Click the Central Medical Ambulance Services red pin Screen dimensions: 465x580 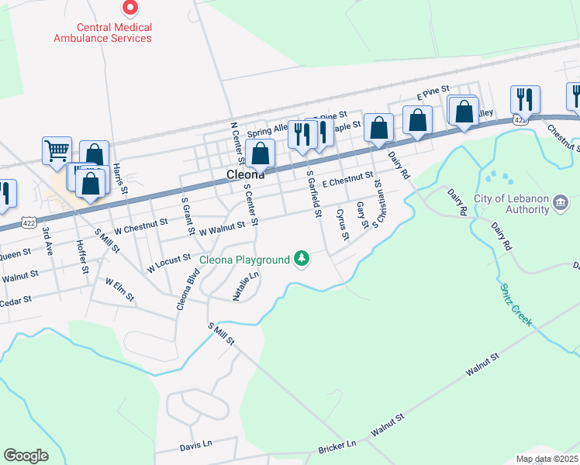[130, 9]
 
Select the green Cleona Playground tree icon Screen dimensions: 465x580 [302, 259]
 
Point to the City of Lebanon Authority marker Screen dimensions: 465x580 [561, 203]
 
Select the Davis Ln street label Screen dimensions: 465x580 [195, 445]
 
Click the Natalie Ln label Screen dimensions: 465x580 [246, 286]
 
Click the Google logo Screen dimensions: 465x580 [26, 456]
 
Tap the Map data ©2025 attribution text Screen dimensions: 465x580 [547, 459]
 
